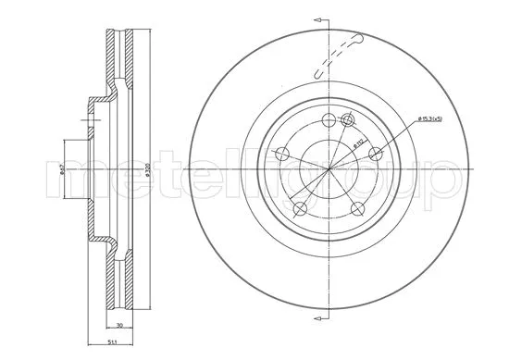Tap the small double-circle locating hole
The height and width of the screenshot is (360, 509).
click(x=349, y=119)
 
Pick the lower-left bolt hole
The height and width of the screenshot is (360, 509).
click(x=299, y=212)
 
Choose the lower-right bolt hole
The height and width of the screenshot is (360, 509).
click(x=356, y=212)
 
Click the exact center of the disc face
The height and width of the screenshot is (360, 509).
click(x=329, y=173)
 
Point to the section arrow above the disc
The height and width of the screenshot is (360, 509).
click(x=319, y=20)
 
